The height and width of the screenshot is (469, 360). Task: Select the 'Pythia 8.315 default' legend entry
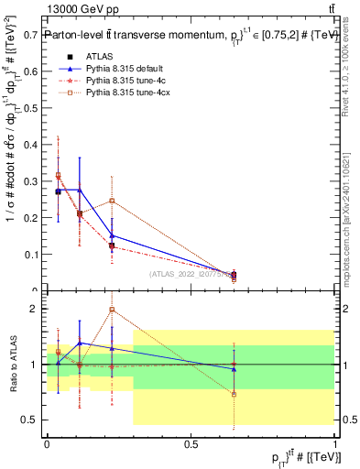tap(119, 68)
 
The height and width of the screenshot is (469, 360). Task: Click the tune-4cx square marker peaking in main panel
tap(112, 201)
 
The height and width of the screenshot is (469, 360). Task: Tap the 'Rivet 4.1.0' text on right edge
tap(352, 64)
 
